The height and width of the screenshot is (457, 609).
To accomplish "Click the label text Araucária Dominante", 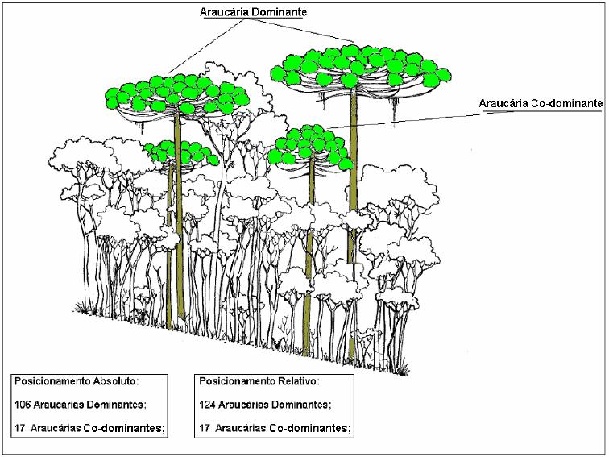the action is point(253,12).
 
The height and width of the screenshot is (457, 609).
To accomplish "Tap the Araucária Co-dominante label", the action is point(541,103).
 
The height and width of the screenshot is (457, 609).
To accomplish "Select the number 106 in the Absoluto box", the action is point(23,405).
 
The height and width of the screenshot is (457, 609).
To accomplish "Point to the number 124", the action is point(207,405).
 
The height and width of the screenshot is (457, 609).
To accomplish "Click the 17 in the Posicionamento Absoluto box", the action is point(20,428).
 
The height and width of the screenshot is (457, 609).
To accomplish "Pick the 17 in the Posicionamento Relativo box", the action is point(205,428).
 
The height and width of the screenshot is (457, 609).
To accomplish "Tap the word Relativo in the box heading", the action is point(297,380).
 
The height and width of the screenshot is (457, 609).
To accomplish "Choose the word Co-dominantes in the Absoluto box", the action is point(122,428).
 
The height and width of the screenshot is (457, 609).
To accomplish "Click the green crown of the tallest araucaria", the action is point(360,66).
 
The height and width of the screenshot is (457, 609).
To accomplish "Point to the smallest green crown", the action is point(181,152).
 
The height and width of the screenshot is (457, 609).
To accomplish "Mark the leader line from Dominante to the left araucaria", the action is point(206,46).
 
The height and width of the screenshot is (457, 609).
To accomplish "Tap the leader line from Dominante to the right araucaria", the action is point(301,30).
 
